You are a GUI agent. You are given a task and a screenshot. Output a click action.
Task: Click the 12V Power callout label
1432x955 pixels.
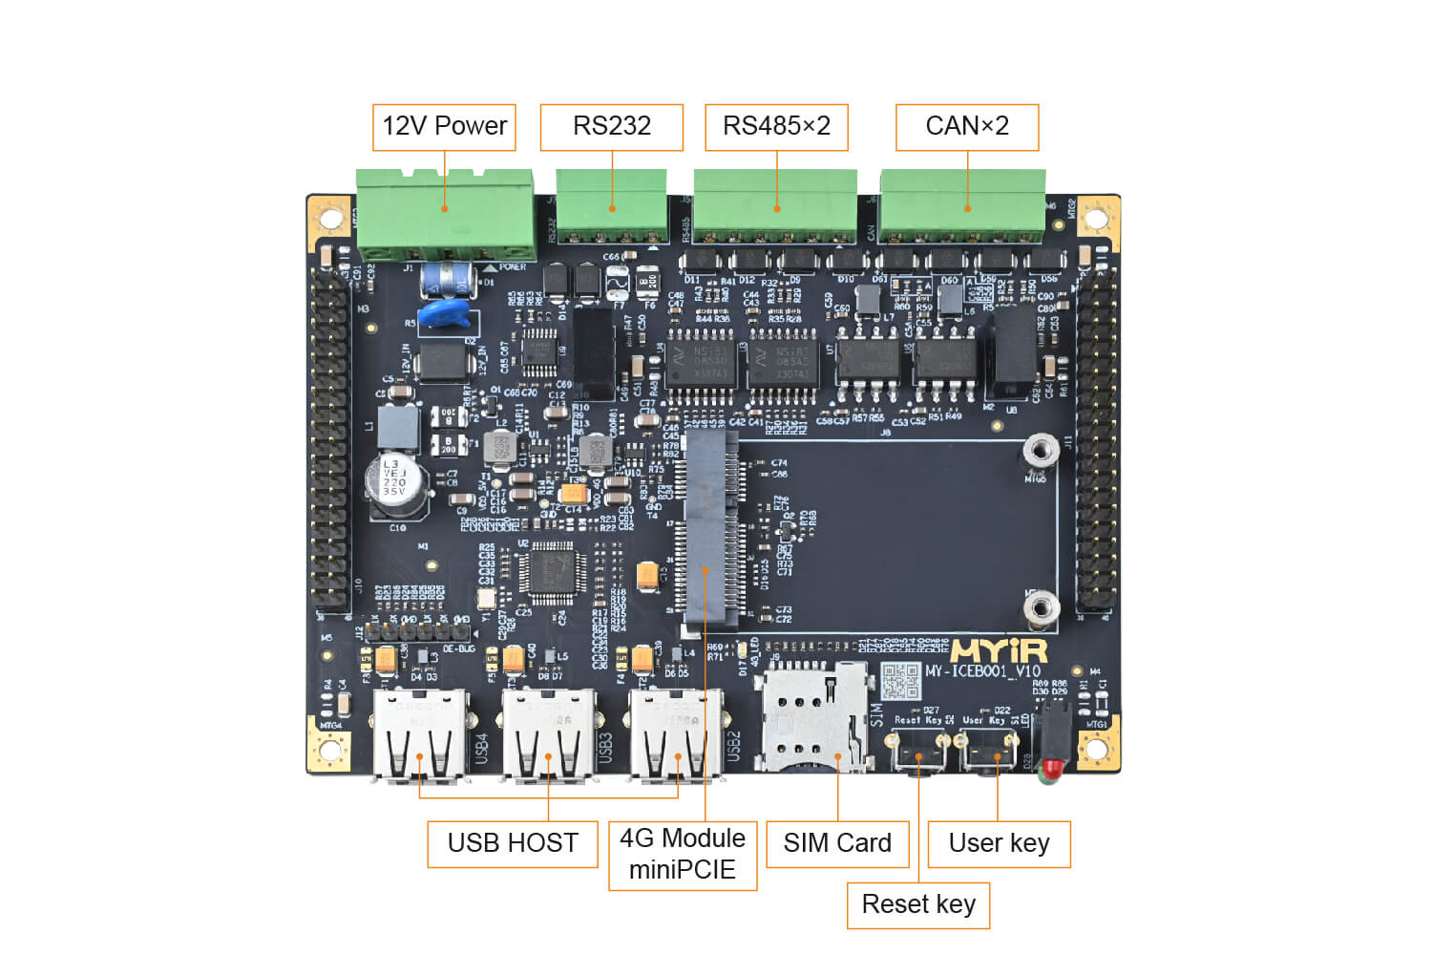click(x=444, y=127)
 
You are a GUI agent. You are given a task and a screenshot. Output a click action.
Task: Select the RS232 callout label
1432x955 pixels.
click(x=611, y=127)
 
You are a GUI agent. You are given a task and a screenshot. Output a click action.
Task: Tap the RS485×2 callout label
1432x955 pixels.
click(x=776, y=127)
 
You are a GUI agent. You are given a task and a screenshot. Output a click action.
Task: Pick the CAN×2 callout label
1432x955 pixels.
click(x=966, y=127)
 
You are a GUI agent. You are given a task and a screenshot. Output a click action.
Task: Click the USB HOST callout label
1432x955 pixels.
click(x=513, y=843)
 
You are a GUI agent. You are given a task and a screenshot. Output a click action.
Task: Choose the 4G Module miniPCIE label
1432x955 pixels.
click(x=683, y=855)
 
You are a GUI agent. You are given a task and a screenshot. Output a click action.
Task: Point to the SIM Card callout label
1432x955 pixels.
click(x=837, y=843)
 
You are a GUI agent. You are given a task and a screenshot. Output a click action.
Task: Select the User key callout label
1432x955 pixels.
click(x=999, y=843)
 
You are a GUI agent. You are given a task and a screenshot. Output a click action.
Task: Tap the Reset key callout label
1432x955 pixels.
click(x=918, y=904)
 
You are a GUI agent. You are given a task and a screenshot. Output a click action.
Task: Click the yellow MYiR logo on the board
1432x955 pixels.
click(x=999, y=651)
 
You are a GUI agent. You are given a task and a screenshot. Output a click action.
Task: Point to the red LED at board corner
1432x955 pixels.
click(x=1050, y=767)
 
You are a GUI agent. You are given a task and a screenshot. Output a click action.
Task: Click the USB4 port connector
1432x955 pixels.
click(x=421, y=736)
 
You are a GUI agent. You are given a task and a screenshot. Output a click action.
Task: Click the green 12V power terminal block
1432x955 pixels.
click(x=445, y=214)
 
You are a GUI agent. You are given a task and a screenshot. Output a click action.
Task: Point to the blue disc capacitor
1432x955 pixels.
click(x=445, y=312)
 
